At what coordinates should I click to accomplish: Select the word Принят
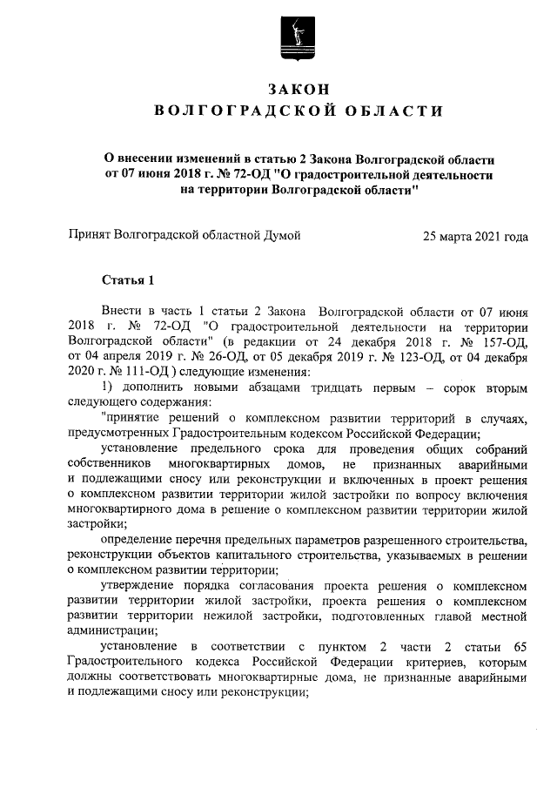click(91, 235)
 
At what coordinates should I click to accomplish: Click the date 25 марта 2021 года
click(474, 235)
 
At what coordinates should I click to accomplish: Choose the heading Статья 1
click(127, 280)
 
